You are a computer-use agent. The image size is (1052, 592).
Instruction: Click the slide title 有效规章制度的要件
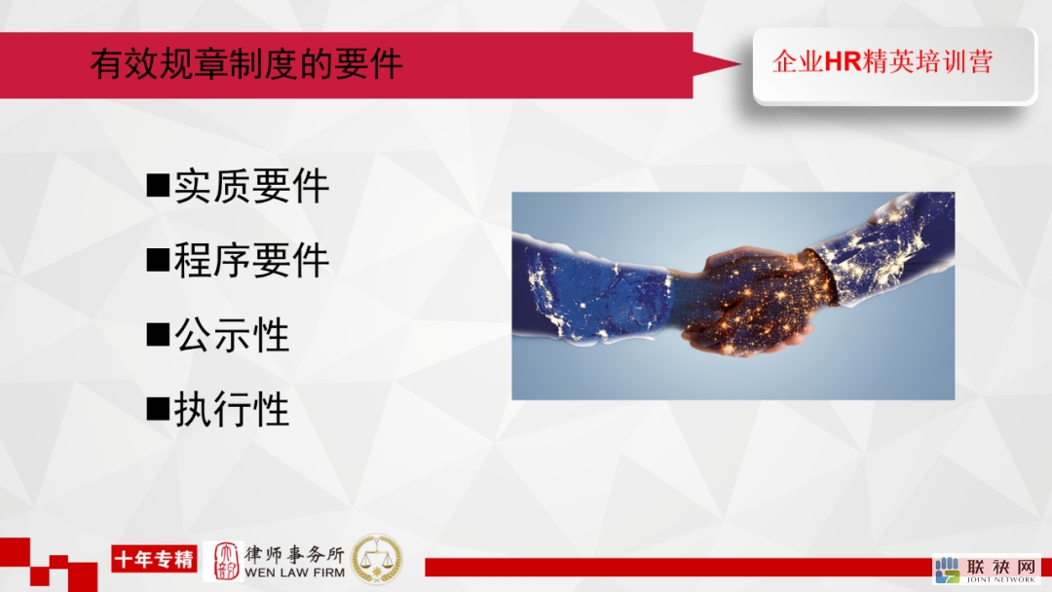pos(246,64)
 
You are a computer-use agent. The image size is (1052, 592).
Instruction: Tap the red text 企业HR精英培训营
pos(883,61)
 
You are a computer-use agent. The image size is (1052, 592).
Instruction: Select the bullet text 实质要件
pos(251,186)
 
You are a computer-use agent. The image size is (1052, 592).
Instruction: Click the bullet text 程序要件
pos(251,260)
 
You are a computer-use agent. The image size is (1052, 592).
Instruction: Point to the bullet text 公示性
pos(232,335)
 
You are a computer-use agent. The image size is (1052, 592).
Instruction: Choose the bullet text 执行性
pos(232,409)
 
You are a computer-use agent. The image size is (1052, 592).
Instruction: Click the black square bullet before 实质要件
pos(158,185)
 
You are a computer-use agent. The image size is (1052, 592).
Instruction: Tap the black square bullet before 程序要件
pos(158,259)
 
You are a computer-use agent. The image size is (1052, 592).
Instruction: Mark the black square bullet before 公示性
pos(158,334)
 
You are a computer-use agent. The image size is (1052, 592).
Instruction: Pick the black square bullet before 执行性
pos(158,408)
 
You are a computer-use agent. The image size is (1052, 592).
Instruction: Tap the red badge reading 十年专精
pos(154,559)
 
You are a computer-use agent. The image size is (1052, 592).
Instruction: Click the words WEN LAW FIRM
pos(294,573)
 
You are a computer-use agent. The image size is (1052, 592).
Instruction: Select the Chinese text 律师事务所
pos(294,554)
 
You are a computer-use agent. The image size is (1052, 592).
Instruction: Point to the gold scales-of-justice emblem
pos(377,559)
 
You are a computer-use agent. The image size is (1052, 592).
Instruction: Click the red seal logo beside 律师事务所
pos(225,561)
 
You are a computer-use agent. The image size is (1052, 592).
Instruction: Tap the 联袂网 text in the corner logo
pos(1001,567)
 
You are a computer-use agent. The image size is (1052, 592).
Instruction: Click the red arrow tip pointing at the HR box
pos(739,64)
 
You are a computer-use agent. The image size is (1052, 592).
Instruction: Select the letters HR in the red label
pos(843,61)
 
